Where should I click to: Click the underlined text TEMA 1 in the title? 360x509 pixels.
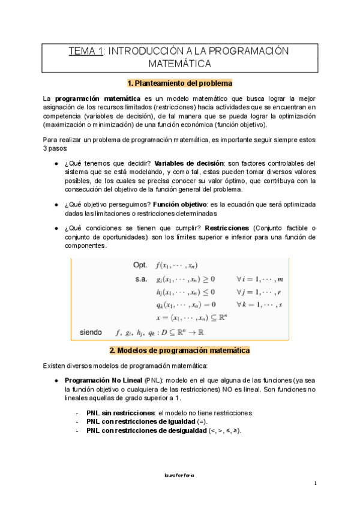pyautogui.click(x=85, y=51)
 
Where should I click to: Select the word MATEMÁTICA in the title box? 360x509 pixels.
pyautogui.click(x=179, y=63)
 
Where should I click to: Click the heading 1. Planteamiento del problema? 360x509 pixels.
pyautogui.click(x=179, y=83)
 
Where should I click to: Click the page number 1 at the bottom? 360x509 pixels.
pyautogui.click(x=315, y=484)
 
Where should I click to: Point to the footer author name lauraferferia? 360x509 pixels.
pyautogui.click(x=179, y=475)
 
